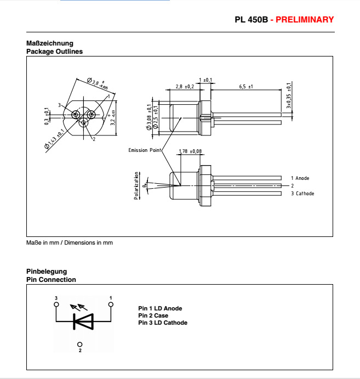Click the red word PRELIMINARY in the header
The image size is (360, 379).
point(304,20)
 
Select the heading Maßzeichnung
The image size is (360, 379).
point(50,43)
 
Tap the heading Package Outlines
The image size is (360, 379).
point(55,52)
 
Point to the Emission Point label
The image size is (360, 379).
point(145,150)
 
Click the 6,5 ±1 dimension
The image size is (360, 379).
point(246,87)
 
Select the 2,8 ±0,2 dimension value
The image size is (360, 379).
point(185,87)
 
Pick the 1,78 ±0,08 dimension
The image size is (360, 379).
point(190,151)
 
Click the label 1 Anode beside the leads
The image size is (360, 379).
point(300,178)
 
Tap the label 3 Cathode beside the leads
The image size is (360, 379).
point(302,194)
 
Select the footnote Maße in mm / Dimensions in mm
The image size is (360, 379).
point(70,242)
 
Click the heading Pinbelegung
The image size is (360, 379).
point(47,271)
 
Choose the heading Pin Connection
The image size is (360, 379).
point(52,280)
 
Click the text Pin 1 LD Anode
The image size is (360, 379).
point(160,309)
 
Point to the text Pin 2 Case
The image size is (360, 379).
point(153,315)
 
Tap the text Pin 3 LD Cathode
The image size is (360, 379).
point(163,323)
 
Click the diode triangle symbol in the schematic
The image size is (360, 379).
point(83,321)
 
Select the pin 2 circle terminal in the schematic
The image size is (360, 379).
point(80,344)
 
